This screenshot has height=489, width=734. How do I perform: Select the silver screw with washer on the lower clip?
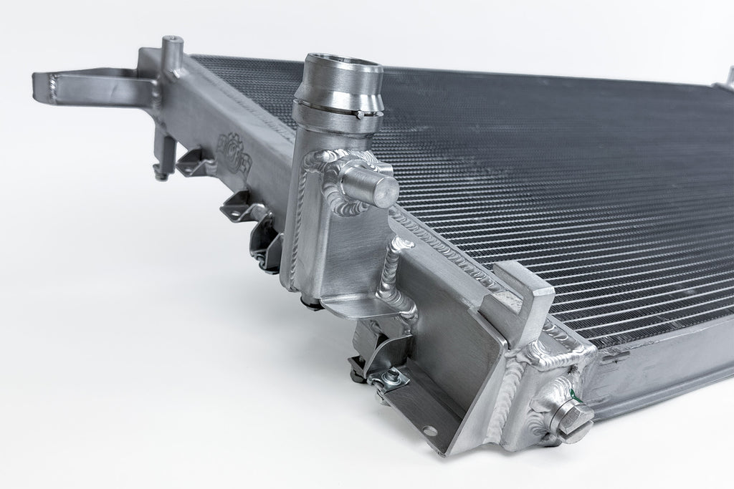pos(391,380)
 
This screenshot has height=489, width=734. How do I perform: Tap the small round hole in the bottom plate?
pos(429,430)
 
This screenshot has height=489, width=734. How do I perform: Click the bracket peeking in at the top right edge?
pos(728,77)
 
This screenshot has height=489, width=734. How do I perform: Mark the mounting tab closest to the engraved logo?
pos(194,164)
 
